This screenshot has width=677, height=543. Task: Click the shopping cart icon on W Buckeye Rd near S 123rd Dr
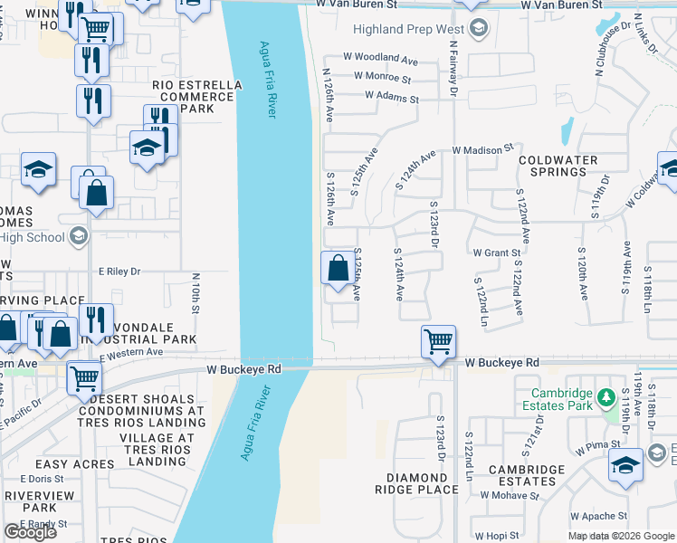point(438,342)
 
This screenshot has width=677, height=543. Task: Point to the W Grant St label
point(496,253)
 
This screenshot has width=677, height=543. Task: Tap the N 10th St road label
point(195,294)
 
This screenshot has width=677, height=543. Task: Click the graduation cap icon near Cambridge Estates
point(625,463)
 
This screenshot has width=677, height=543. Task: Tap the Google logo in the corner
point(30,532)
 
